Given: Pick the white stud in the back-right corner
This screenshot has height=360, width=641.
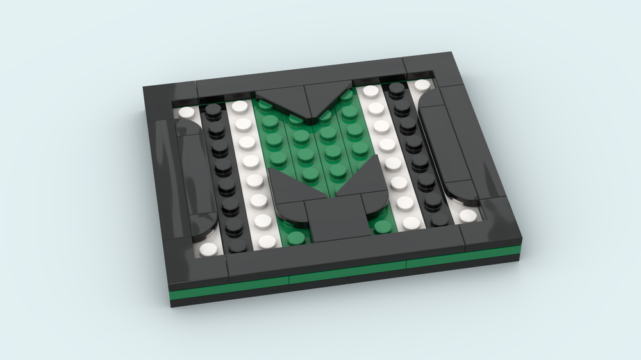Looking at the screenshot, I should coord(421,85).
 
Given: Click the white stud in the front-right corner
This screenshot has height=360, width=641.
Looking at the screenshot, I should coord(468,215).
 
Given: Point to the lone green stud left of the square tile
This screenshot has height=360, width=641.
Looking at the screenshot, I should coord(296,238).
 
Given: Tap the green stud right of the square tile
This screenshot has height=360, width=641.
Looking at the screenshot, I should coord(384,225).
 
